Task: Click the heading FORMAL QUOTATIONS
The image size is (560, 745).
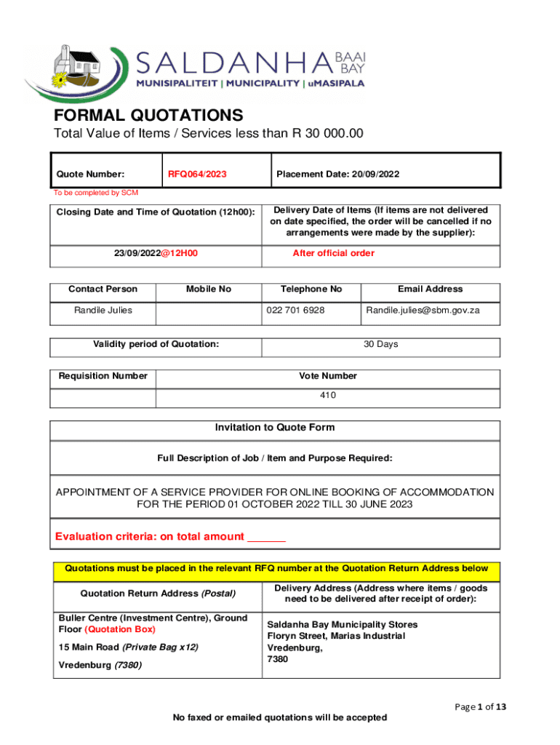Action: (148, 115)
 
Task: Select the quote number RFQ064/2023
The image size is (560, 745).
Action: (197, 175)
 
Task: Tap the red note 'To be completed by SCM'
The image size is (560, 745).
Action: (95, 193)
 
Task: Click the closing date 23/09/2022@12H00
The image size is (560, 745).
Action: (156, 253)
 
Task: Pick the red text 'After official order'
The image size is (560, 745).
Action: (333, 253)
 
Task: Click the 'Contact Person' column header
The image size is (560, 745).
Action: (103, 289)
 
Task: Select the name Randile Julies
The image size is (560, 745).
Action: (103, 311)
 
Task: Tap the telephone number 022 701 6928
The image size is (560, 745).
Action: (295, 311)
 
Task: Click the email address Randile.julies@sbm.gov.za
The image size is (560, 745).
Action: (423, 311)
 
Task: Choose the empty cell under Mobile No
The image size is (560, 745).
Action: (208, 313)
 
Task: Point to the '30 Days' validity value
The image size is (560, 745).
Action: (380, 344)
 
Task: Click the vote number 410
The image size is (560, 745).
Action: (328, 395)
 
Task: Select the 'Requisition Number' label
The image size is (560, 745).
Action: (103, 376)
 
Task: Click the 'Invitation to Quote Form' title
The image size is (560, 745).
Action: (275, 428)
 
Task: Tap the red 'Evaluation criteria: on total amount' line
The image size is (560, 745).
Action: (170, 537)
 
